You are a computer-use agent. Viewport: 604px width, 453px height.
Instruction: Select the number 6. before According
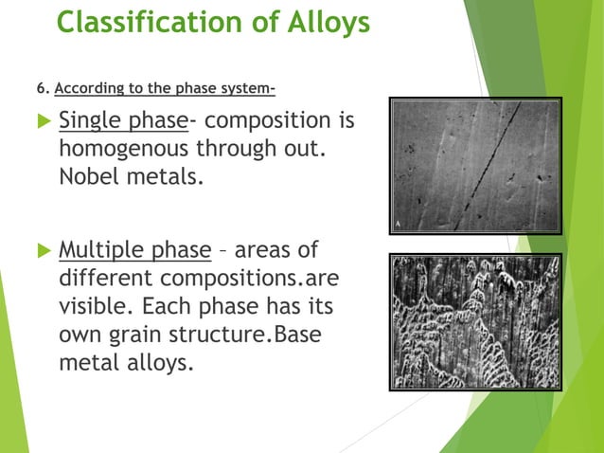click(x=42, y=90)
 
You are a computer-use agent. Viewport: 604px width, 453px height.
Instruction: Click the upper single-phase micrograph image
click(x=475, y=166)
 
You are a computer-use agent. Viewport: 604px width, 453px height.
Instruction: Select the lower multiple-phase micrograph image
click(x=475, y=322)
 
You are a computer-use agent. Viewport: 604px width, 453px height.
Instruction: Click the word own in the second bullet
click(x=80, y=335)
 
